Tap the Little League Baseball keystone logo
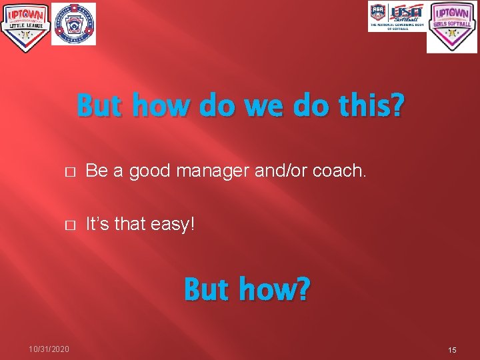click(73, 24)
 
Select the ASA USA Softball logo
click(397, 16)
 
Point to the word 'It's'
click(99, 224)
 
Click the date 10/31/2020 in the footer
click(49, 349)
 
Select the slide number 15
click(452, 349)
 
